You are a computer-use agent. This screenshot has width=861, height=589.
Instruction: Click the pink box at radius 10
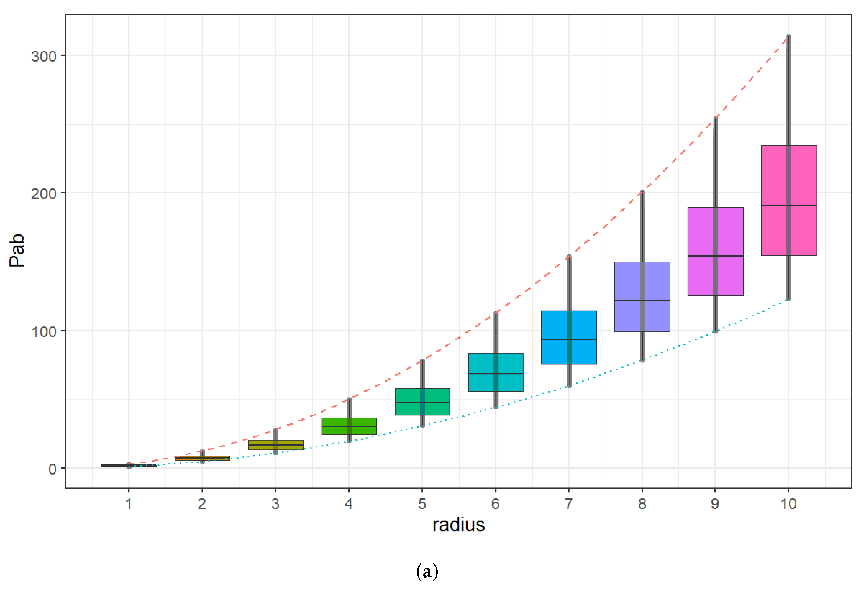pos(774,174)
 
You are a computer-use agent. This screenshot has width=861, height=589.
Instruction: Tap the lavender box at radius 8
pos(628,282)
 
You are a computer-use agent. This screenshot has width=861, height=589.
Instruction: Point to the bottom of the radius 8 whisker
pos(642,360)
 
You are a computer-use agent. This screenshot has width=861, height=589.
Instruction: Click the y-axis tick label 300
pos(43,57)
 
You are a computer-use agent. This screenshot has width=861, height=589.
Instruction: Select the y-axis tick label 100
pos(43,332)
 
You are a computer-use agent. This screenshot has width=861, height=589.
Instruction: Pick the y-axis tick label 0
pos(52,469)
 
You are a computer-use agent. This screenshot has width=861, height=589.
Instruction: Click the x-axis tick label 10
pos(788,504)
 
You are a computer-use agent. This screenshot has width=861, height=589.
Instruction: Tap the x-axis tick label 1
pos(129,504)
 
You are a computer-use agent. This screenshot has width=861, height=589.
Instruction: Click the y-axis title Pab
pos(17,250)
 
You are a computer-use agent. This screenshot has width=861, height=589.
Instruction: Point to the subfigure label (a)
pos(427,572)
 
